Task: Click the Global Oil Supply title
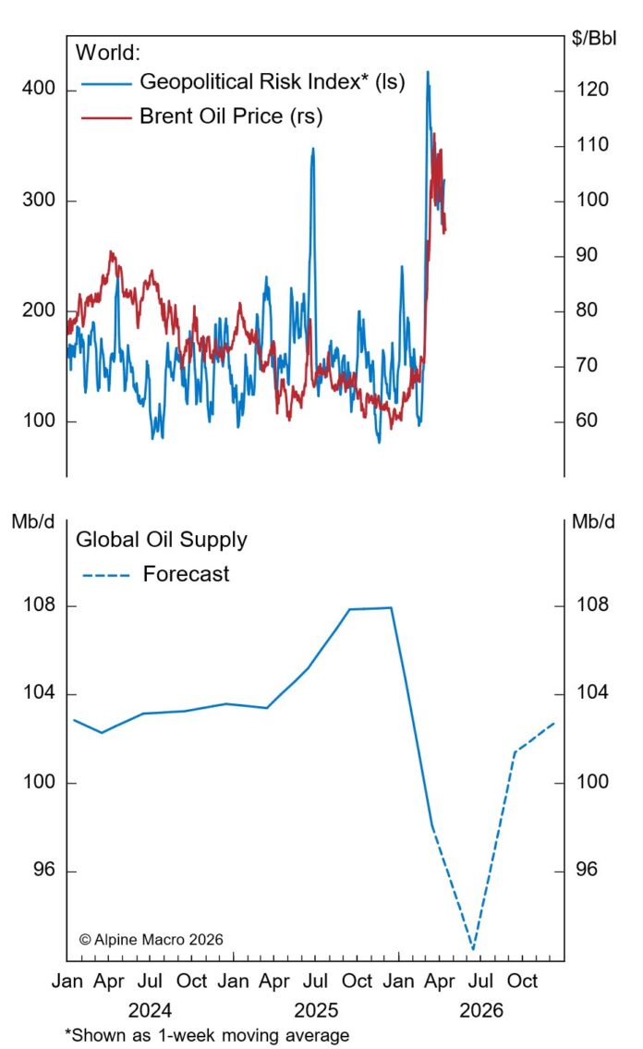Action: [161, 539]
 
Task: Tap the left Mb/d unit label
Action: [32, 520]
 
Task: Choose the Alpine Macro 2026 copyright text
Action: [152, 939]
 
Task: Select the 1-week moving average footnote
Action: [207, 1035]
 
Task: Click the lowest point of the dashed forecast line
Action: [473, 949]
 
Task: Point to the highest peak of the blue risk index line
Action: [427, 71]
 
